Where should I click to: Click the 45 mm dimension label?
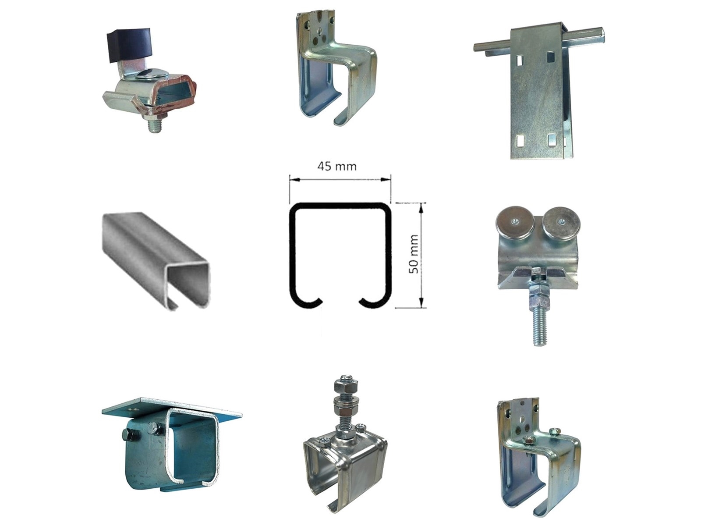click(337, 167)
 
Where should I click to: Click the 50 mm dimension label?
click(414, 254)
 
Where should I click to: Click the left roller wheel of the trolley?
click(514, 224)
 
